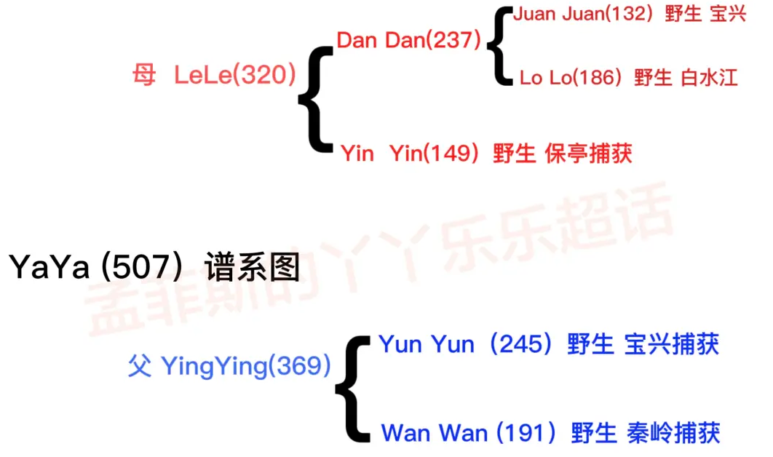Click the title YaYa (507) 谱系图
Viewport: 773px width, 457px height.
pos(154,267)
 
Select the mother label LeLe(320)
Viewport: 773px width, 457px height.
pos(234,74)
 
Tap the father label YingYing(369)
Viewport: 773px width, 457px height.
pos(245,366)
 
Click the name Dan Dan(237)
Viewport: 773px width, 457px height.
pos(409,40)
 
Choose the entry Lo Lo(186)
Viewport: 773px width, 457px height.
pos(571,78)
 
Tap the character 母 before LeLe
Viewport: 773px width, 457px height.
pos(144,74)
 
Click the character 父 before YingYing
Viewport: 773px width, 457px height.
pos(140,366)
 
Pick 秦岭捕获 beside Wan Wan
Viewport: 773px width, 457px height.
pos(673,433)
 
